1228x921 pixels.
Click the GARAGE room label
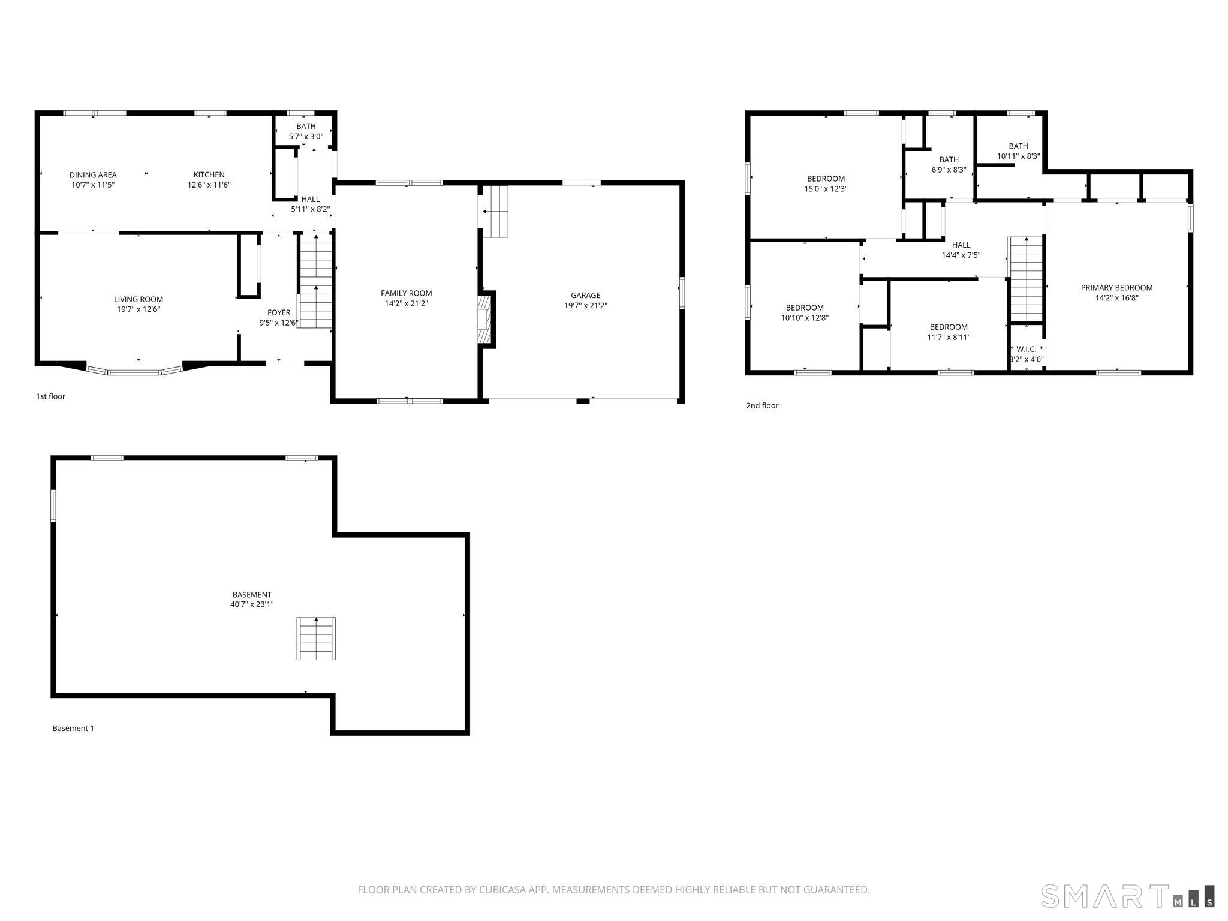(585, 295)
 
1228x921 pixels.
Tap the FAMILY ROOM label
(407, 293)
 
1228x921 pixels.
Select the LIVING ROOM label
(139, 299)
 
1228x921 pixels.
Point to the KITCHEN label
(209, 175)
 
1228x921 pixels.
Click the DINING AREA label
(93, 175)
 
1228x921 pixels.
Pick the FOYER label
(279, 312)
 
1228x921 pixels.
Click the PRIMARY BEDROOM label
(1116, 288)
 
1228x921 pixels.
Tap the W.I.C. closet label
(1027, 349)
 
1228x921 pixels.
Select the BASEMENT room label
(252, 595)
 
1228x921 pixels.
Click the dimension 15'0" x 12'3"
(826, 189)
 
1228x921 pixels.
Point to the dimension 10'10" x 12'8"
(805, 318)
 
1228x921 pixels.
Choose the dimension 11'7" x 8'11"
(949, 337)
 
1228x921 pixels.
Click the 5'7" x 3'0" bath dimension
(306, 136)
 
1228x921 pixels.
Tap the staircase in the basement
(316, 639)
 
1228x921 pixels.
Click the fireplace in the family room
(484, 320)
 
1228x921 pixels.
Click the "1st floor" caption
(50, 396)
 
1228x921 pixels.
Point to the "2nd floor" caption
(762, 405)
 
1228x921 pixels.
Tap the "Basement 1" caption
(73, 728)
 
